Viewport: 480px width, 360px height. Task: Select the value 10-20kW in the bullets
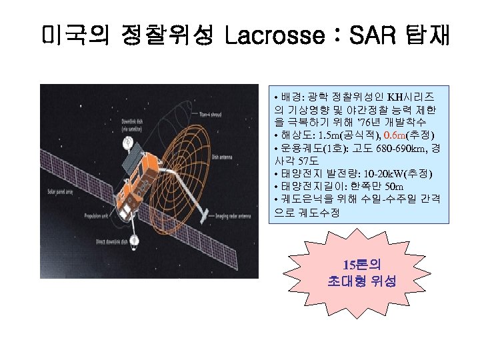pyautogui.click(x=376, y=173)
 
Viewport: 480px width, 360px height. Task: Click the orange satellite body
pyautogui.click(x=140, y=181)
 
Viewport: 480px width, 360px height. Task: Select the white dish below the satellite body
pyautogui.click(x=135, y=239)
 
